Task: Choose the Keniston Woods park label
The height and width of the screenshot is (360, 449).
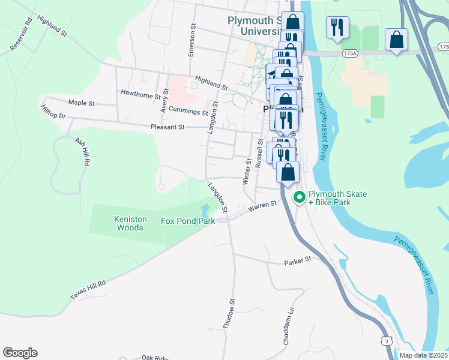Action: click(x=130, y=223)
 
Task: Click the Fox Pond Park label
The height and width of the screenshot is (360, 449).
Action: click(x=188, y=221)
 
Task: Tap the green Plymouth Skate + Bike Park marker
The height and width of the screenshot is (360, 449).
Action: click(x=298, y=197)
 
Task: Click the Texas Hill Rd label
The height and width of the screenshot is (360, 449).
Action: click(x=88, y=290)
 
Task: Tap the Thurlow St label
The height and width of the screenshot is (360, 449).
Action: click(x=229, y=313)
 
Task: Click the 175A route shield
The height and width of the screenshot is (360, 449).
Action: click(x=350, y=53)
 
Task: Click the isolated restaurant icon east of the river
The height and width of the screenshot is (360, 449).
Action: click(x=337, y=27)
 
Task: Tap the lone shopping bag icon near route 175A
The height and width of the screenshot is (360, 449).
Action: click(x=396, y=40)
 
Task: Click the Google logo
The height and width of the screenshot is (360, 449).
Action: click(x=20, y=353)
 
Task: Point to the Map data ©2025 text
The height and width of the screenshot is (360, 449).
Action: click(x=424, y=355)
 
